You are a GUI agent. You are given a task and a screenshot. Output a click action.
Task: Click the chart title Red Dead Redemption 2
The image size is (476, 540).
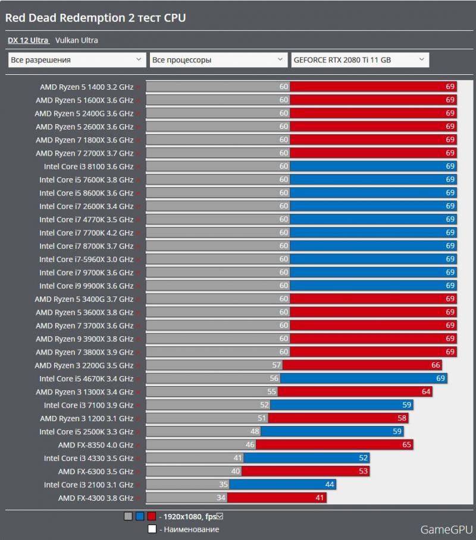click(x=95, y=18)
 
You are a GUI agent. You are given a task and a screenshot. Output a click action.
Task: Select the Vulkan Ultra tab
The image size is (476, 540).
click(x=77, y=40)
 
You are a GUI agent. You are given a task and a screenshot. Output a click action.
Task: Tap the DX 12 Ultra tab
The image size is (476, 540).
click(x=27, y=40)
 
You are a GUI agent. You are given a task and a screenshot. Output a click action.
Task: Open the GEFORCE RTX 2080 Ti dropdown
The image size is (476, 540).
click(x=359, y=60)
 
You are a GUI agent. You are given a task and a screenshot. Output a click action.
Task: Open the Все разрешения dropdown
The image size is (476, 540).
click(x=77, y=60)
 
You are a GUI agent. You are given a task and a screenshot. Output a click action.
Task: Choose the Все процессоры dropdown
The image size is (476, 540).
click(x=218, y=60)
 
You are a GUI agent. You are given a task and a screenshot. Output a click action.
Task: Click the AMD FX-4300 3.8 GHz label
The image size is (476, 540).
click(x=96, y=498)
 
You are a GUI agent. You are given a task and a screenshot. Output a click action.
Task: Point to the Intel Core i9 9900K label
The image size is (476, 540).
click(x=86, y=286)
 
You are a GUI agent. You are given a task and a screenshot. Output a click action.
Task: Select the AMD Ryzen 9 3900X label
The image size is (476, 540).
click(x=84, y=339)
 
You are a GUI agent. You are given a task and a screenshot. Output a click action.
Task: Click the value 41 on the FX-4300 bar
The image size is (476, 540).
click(x=320, y=498)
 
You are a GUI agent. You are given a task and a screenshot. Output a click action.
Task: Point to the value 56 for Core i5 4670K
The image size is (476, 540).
click(x=274, y=378)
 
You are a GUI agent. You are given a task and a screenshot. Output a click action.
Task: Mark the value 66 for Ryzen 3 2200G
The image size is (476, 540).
click(x=436, y=365)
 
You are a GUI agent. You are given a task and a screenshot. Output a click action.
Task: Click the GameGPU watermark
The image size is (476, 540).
click(x=446, y=529)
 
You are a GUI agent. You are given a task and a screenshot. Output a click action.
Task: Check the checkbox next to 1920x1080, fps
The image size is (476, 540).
click(x=220, y=516)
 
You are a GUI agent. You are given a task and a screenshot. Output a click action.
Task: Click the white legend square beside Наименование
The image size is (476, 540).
click(x=152, y=529)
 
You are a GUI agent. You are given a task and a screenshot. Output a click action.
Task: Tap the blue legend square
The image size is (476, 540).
click(x=140, y=516)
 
